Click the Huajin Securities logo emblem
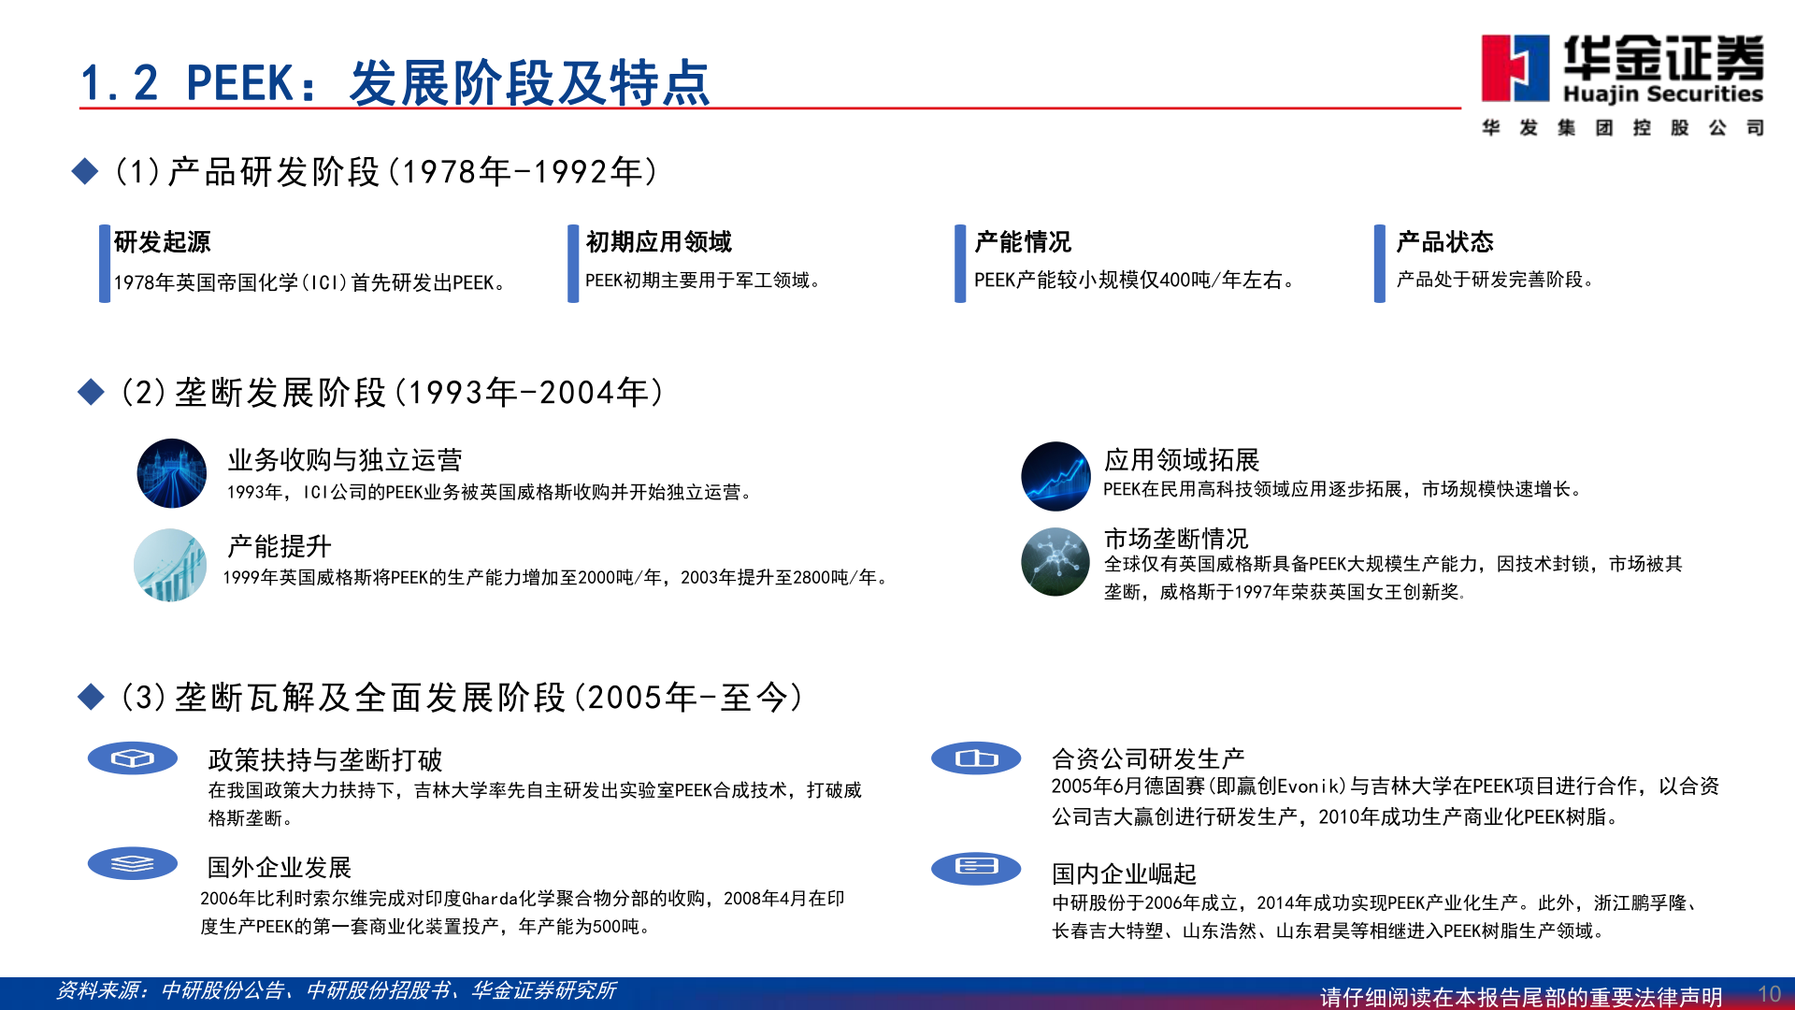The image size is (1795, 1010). [x=1515, y=68]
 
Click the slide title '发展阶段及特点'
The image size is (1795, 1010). [x=529, y=83]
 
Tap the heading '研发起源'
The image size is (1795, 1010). [x=163, y=242]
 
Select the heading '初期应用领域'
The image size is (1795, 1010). [x=658, y=242]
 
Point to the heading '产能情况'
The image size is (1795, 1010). [x=1023, y=242]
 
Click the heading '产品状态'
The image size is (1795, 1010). [x=1444, y=242]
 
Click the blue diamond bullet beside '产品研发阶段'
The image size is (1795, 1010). [x=85, y=171]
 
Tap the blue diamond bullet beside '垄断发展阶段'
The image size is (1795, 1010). [x=91, y=392]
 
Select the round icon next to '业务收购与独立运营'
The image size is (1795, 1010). [x=172, y=473]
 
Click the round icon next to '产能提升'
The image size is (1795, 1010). [x=170, y=565]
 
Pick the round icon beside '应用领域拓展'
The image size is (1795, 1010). [x=1055, y=476]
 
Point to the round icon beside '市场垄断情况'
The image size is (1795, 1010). [x=1055, y=562]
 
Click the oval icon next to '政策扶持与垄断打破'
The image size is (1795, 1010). [x=133, y=758]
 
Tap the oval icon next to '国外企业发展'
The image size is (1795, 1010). [x=133, y=863]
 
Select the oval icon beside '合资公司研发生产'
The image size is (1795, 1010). [x=976, y=758]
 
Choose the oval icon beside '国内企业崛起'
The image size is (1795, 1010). [x=976, y=867]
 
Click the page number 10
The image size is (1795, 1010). [x=1769, y=993]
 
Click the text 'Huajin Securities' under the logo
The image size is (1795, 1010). [x=1662, y=94]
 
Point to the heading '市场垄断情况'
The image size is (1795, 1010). [x=1175, y=539]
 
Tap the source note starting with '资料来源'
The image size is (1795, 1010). [x=336, y=990]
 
